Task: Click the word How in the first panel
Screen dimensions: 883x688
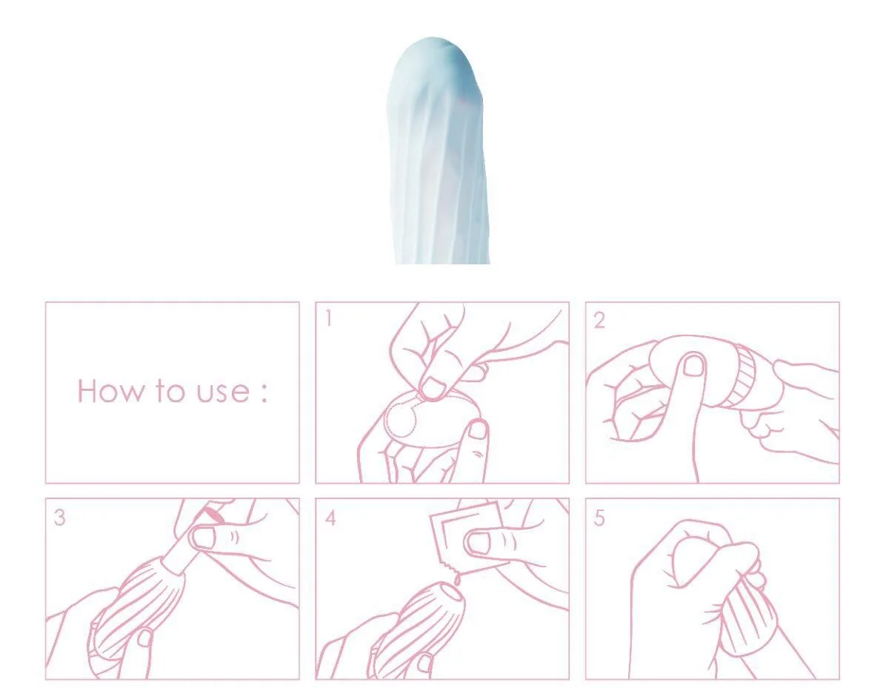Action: [x=110, y=391]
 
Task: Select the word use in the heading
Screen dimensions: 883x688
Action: [x=222, y=393]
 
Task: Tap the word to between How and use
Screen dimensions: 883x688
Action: [x=170, y=391]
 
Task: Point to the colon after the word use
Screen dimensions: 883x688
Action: [x=263, y=393]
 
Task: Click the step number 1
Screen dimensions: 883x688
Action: [x=328, y=319]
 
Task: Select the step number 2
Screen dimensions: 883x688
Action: [x=599, y=321]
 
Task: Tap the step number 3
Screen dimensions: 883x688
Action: [x=59, y=518]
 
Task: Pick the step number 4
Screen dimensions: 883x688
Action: [x=330, y=518]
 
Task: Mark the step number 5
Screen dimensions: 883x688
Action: [x=599, y=518]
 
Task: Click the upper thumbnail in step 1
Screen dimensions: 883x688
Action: [x=433, y=389]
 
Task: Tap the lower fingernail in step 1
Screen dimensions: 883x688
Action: [x=478, y=430]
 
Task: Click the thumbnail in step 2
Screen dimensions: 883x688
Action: [x=693, y=365]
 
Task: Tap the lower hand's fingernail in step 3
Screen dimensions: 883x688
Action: [x=145, y=638]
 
